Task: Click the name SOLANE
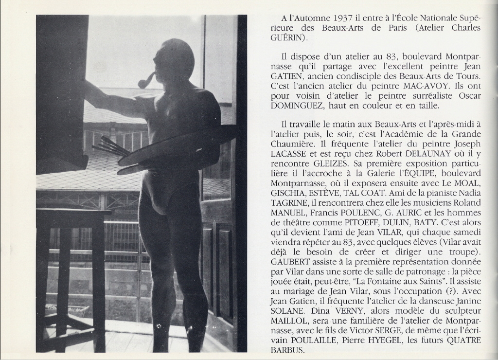[x=288, y=311]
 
